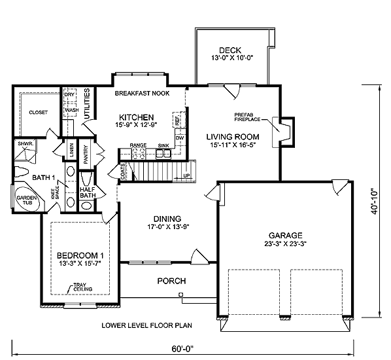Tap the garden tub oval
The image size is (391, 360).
pyautogui.click(x=27, y=200)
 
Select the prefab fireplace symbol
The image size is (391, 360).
pyautogui.click(x=283, y=132)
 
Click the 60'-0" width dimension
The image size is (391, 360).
pyautogui.click(x=182, y=348)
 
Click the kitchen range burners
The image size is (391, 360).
pyautogui.click(x=139, y=154)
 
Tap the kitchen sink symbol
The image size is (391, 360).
pyautogui.click(x=163, y=153)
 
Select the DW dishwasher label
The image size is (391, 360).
pyautogui.click(x=180, y=138)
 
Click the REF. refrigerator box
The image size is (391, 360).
pyautogui.click(x=179, y=120)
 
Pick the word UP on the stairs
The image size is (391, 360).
pyautogui.click(x=186, y=175)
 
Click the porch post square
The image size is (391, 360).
pyautogui.click(x=181, y=295)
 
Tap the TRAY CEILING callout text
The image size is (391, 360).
pyautogui.click(x=82, y=287)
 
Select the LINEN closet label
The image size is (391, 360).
pyautogui.click(x=71, y=150)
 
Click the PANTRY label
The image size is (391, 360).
pyautogui.click(x=86, y=154)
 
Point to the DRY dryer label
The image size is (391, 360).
pyautogui.click(x=69, y=95)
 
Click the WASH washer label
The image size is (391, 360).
pyautogui.click(x=72, y=110)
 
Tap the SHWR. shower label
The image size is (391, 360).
pyautogui.click(x=24, y=144)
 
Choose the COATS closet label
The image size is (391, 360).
pyautogui.click(x=123, y=171)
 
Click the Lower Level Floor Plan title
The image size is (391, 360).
pyautogui.click(x=147, y=325)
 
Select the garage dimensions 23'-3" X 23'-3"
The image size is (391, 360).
pyautogui.click(x=285, y=243)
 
